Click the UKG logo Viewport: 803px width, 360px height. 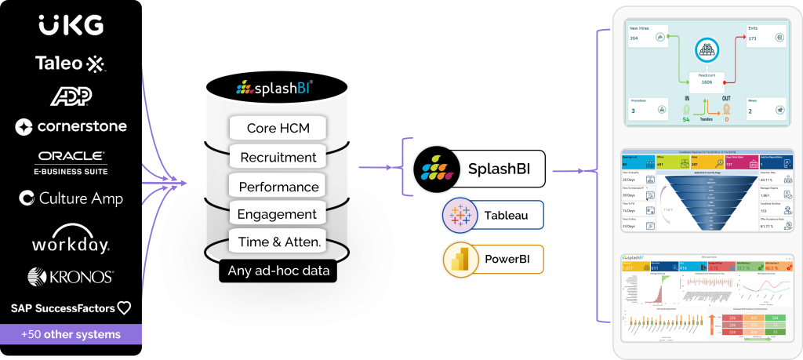[x=71, y=25]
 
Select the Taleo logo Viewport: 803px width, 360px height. [x=70, y=63]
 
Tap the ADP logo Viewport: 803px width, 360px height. [x=71, y=96]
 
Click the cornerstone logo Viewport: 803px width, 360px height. [x=71, y=126]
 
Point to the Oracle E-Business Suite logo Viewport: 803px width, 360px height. [x=71, y=162]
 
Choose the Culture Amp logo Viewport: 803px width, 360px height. [x=71, y=198]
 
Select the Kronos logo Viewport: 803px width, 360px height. [x=71, y=277]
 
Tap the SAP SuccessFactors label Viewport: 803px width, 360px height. [x=71, y=308]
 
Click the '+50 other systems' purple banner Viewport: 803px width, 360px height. [x=71, y=334]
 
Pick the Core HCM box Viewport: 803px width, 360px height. [x=278, y=128]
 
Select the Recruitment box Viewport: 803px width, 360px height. [x=278, y=157]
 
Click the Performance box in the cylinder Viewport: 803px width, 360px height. [x=278, y=187]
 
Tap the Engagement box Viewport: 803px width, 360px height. [x=278, y=214]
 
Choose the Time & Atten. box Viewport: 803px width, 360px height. [x=278, y=242]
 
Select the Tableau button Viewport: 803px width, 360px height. [x=493, y=214]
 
